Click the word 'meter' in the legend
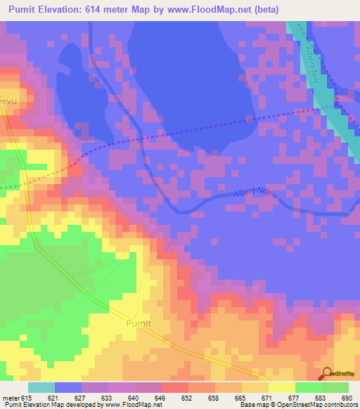coord(10,398)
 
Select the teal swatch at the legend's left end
coord(41,387)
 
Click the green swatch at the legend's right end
coord(335,387)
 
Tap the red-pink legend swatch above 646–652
coord(175,387)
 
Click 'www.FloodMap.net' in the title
coord(210,9)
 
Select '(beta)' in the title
coord(266,9)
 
